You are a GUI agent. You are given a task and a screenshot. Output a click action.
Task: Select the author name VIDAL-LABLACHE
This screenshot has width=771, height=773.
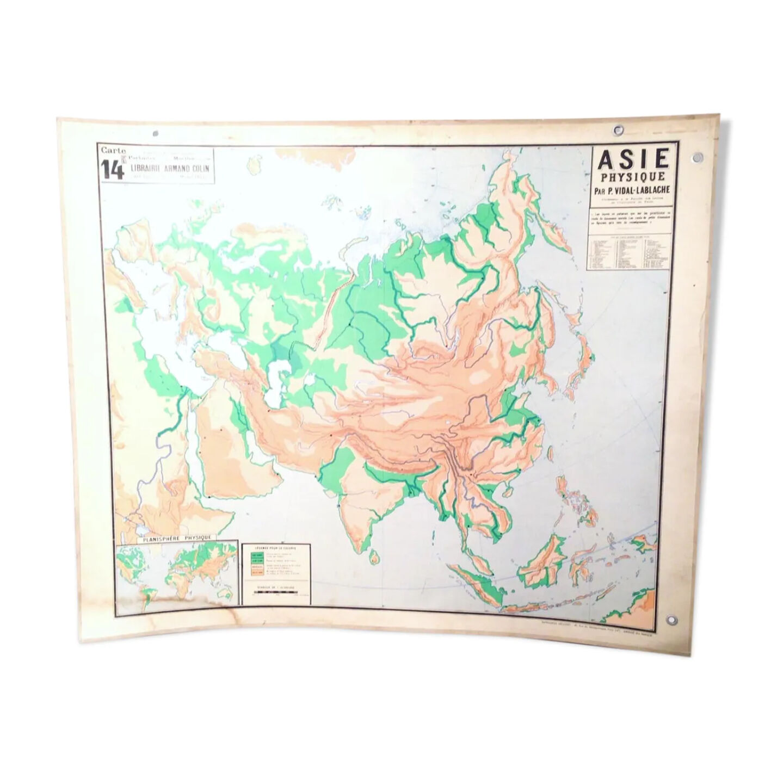(642, 190)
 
